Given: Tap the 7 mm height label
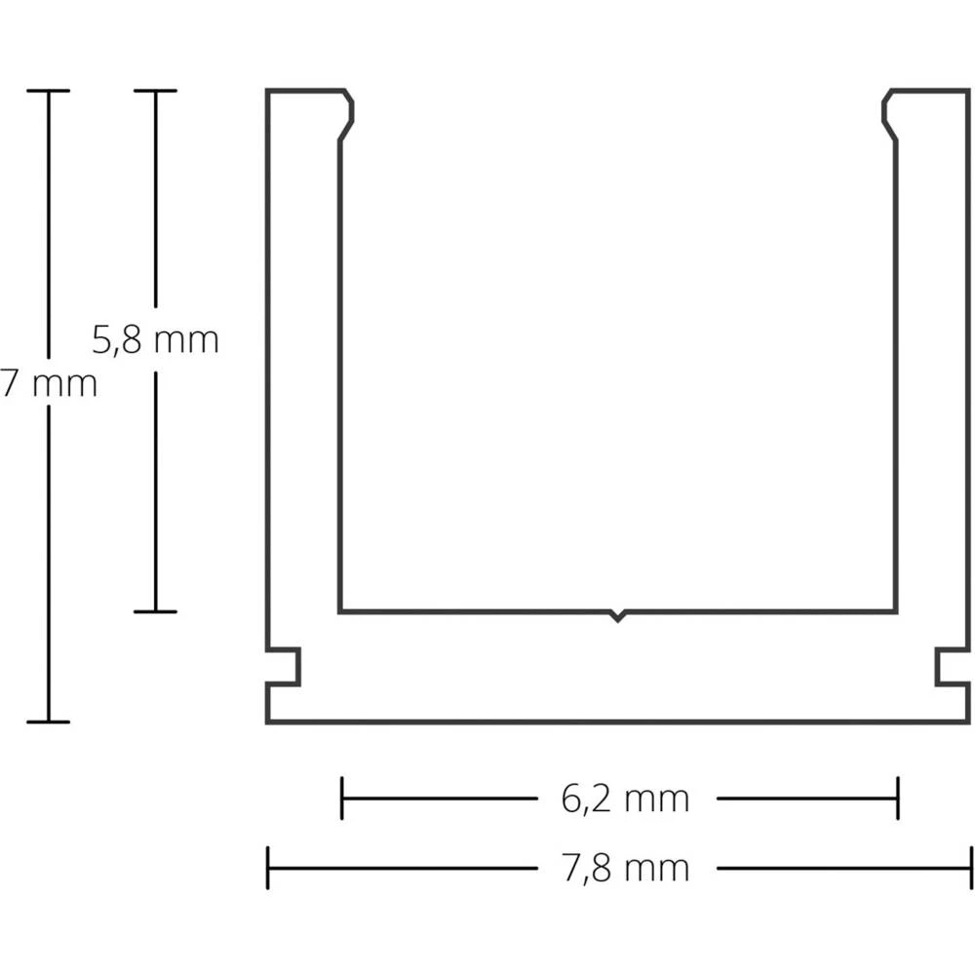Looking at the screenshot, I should pos(49,383).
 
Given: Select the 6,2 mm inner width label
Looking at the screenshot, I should pos(625,799).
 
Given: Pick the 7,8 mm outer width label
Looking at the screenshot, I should pos(625,867).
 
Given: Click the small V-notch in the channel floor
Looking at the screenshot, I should pos(616,616).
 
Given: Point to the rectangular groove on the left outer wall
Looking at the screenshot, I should pos(285,667).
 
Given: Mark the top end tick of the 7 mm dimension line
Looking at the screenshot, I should pos(48,91).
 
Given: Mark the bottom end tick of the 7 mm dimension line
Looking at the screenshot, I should pos(48,721).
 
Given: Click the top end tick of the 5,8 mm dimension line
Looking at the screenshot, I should pos(155,91).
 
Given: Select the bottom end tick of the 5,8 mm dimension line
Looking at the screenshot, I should pos(155,611).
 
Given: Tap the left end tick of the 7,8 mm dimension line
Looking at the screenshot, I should pos(268,868).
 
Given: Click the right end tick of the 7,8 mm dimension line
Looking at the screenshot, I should pos(971,868).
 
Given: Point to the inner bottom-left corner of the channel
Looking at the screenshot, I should pos(340,612).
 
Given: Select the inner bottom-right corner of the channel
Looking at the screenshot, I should pos(896,612).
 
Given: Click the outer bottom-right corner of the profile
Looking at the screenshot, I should pos(971,722).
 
